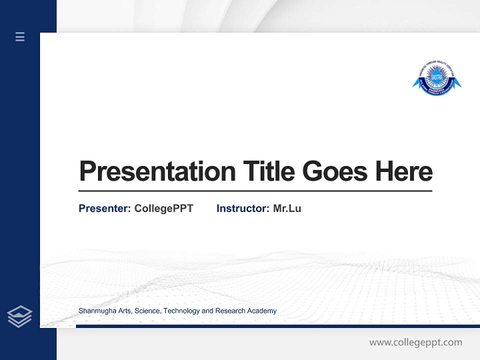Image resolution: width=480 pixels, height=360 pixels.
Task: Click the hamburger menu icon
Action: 20,36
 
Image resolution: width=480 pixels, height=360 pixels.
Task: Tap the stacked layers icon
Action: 20,316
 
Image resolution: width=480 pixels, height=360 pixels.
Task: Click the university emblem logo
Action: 436,78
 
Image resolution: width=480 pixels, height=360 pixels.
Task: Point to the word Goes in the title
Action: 335,171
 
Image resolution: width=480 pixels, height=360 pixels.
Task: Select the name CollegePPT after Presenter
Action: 164,208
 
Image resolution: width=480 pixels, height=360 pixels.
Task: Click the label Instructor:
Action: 243,208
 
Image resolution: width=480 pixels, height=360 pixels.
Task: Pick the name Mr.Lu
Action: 287,208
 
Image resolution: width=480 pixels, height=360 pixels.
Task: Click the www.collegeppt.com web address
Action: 415,342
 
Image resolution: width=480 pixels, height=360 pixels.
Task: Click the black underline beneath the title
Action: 255,191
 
